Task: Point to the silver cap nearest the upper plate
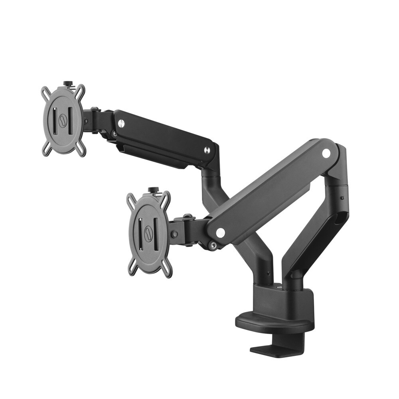121,124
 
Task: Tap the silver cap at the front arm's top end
326,152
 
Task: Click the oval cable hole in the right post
339,217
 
